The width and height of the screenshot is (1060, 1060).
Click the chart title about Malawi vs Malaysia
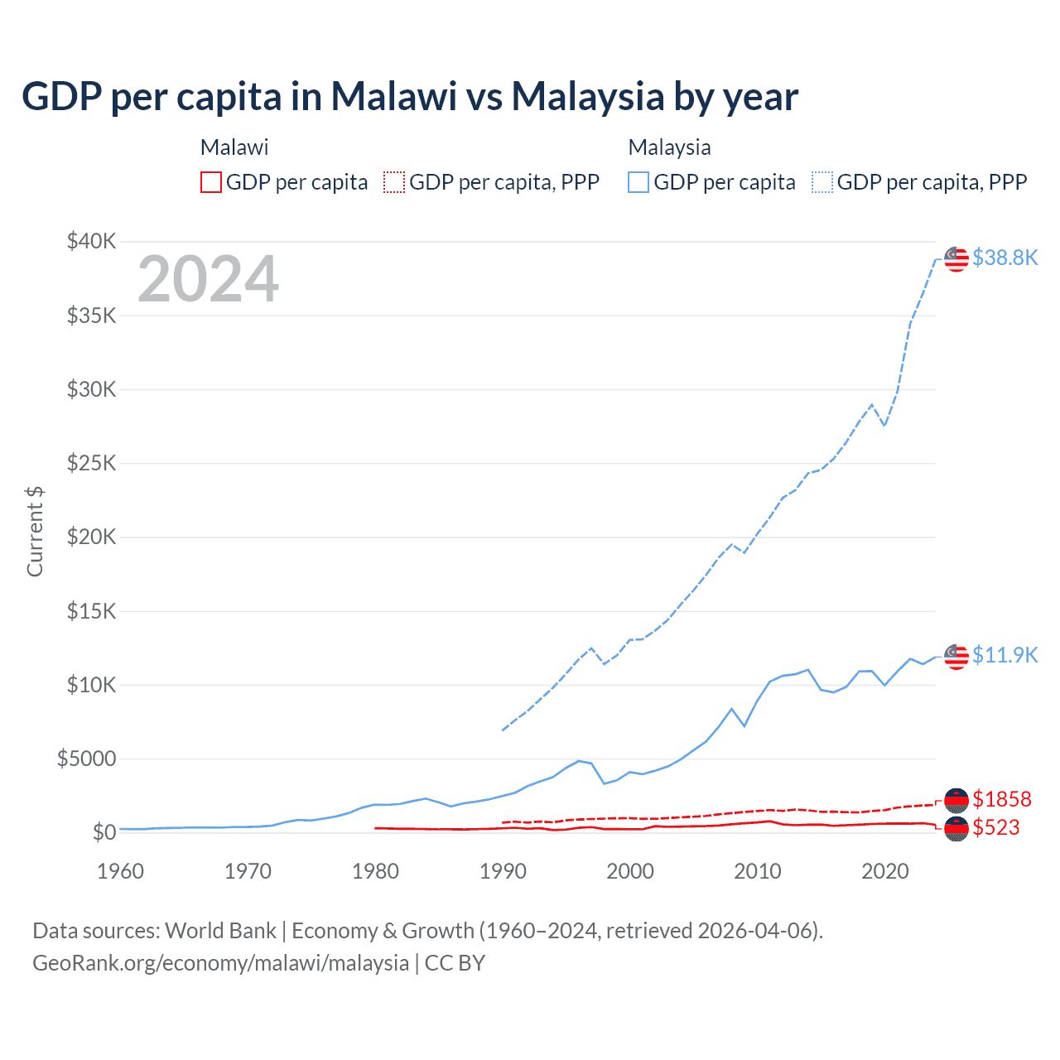click(x=410, y=96)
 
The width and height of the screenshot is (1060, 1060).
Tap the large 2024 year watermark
click(x=208, y=279)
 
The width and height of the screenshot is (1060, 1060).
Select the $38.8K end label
click(x=1005, y=258)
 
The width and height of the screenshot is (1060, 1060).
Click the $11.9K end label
click(x=1005, y=655)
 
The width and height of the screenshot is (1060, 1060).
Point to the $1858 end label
click(x=1001, y=799)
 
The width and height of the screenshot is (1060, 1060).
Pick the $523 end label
click(x=995, y=827)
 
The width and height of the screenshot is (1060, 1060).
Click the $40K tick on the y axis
click(x=91, y=242)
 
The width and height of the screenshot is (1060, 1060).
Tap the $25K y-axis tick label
click(x=91, y=463)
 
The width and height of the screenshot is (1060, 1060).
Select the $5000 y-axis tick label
click(x=86, y=759)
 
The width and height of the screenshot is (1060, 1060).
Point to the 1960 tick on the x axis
click(x=121, y=871)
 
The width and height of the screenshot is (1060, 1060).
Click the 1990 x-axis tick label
click(x=503, y=871)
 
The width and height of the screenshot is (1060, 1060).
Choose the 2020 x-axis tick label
click(x=885, y=871)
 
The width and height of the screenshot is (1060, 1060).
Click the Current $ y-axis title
click(x=35, y=531)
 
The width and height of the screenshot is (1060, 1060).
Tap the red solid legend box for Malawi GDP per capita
click(x=211, y=182)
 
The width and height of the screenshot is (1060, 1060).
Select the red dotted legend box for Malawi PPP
click(x=394, y=182)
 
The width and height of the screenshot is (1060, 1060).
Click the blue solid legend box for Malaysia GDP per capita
click(x=638, y=182)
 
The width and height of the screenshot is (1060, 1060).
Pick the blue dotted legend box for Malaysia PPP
click(x=822, y=182)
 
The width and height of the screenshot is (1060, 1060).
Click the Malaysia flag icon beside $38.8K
click(x=956, y=258)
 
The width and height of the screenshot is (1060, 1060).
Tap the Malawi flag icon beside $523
click(x=956, y=828)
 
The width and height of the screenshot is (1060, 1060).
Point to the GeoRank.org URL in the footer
click(x=221, y=963)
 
